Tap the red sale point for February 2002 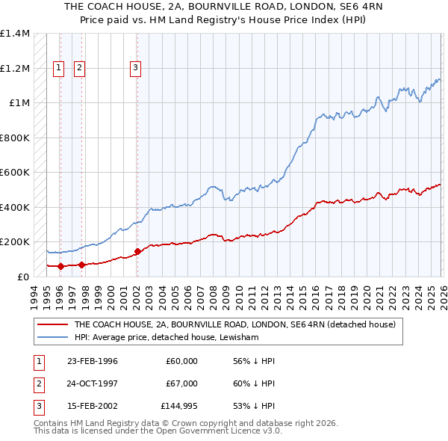137,251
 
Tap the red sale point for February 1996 60,266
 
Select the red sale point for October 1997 81,265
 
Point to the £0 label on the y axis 22,277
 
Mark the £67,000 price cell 181,383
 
